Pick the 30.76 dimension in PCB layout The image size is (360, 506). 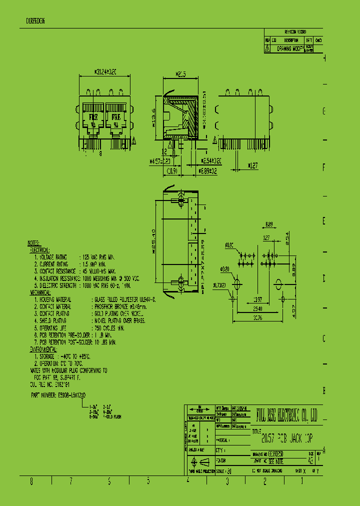coord(258,316)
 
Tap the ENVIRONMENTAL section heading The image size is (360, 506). coord(46,350)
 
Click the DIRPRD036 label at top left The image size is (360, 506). coord(35,21)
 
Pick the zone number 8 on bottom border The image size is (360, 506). coord(31,481)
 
